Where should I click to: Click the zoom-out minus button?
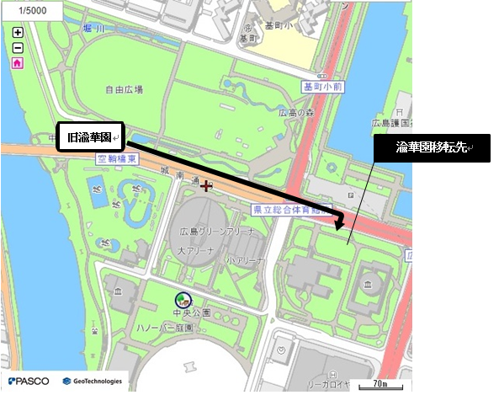click(x=18, y=47)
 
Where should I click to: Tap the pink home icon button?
click(x=18, y=62)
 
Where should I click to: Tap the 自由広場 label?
click(x=124, y=88)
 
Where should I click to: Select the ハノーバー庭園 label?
click(x=177, y=327)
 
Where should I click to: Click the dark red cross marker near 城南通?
click(x=205, y=184)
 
